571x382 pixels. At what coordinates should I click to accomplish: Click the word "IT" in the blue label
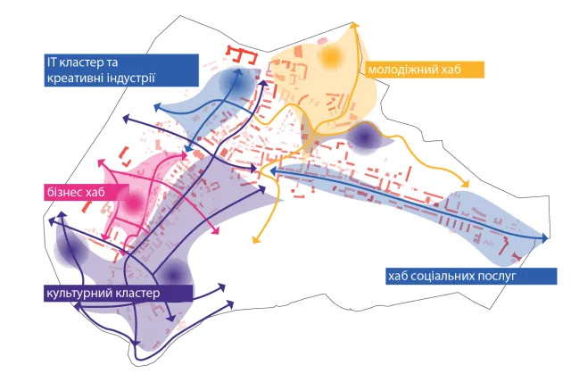[52, 62]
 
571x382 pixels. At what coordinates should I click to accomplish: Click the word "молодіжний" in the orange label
[399, 70]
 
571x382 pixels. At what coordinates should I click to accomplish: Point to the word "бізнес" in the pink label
[64, 192]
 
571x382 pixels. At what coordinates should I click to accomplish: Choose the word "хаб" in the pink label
[95, 192]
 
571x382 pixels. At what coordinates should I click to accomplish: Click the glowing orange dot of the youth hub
[331, 56]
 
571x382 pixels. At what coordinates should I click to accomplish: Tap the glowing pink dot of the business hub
[133, 203]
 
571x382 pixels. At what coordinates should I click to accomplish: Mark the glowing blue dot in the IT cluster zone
[236, 83]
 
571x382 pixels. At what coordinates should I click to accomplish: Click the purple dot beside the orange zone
[363, 137]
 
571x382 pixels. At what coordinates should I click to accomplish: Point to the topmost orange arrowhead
[355, 25]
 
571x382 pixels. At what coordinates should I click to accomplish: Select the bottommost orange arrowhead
[256, 239]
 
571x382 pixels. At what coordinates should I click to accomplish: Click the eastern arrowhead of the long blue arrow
[545, 238]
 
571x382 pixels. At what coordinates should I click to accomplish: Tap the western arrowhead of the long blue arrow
[273, 170]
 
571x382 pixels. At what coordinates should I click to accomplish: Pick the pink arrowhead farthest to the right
[216, 230]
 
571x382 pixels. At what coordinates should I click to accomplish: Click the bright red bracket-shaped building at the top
[242, 54]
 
